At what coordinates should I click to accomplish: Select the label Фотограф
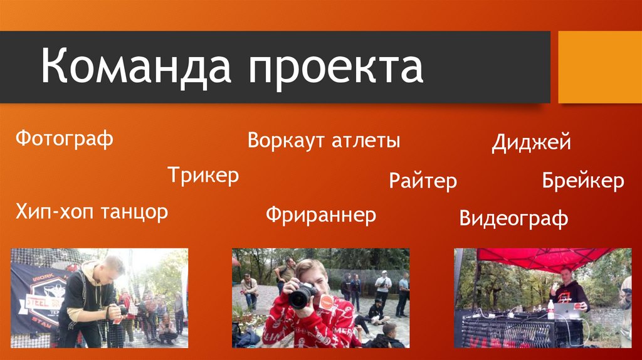pyautogui.click(x=65, y=139)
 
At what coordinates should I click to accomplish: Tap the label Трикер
pyautogui.click(x=203, y=175)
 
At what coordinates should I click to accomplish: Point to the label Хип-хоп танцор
pyautogui.click(x=92, y=212)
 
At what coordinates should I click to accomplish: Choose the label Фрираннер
pyautogui.click(x=320, y=215)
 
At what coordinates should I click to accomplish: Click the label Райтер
pyautogui.click(x=423, y=181)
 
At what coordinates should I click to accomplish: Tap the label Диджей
pyautogui.click(x=531, y=142)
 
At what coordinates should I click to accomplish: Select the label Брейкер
pyautogui.click(x=583, y=181)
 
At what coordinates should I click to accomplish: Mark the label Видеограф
pyautogui.click(x=513, y=218)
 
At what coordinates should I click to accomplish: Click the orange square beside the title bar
pyautogui.click(x=599, y=67)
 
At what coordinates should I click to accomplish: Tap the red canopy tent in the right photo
pyautogui.click(x=539, y=257)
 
